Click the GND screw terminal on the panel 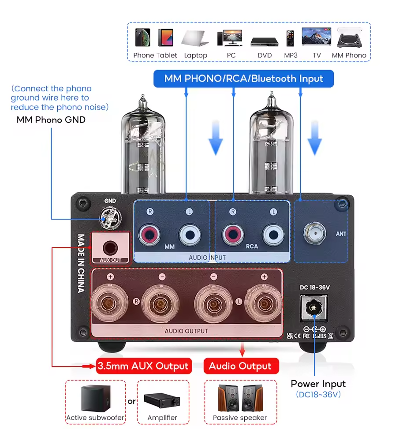(x=109, y=217)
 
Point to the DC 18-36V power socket (x=314, y=308)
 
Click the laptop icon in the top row (x=195, y=38)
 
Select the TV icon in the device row (x=316, y=37)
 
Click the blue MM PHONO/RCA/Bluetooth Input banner (x=243, y=79)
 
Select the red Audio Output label (x=240, y=366)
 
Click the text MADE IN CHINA (x=81, y=263)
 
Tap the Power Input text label (x=318, y=384)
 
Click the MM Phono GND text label (x=51, y=120)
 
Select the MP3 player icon (x=290, y=39)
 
